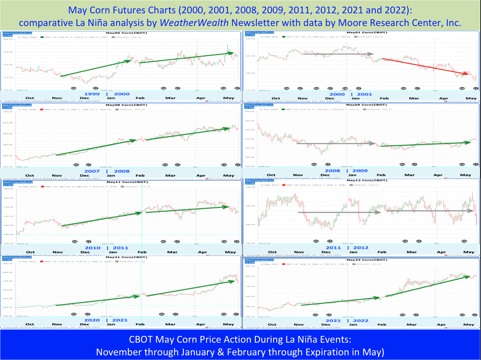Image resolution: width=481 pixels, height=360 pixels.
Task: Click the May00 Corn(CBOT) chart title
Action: pos(121,33)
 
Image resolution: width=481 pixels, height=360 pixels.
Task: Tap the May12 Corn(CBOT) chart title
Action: pos(362,180)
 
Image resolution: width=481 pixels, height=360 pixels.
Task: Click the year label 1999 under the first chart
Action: pos(92,94)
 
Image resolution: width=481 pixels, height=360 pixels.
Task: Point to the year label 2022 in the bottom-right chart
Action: pos(361,321)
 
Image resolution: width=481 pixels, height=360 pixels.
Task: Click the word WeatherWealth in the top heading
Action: pos(194,23)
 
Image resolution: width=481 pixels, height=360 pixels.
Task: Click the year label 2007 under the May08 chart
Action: pos(92,171)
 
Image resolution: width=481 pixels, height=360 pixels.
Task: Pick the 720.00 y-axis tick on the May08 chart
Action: pos(8,112)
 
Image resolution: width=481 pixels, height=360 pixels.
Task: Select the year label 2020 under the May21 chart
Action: pos(92,320)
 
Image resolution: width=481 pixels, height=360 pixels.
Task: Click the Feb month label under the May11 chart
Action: pos(142,252)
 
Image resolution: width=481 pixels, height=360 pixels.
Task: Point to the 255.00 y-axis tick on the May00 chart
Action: pos(8,39)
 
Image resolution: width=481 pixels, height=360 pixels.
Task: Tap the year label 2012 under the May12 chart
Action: pos(361,248)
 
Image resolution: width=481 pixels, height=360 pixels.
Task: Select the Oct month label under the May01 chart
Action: pos(276,98)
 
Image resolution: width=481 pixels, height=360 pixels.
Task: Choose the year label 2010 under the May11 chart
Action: pos(92,248)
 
